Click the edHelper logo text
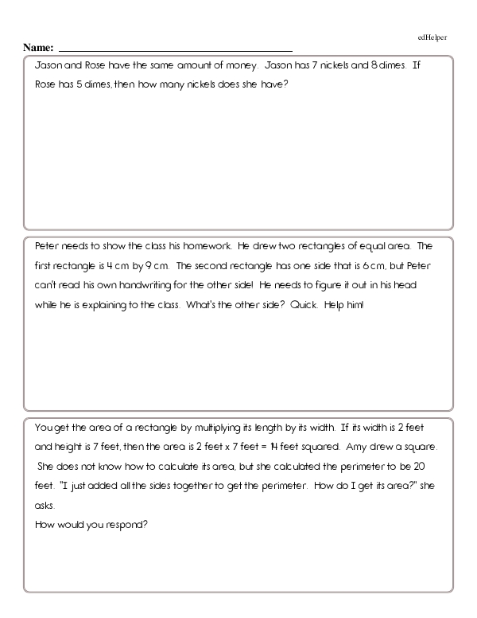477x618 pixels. (x=432, y=37)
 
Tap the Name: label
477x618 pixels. (x=39, y=49)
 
